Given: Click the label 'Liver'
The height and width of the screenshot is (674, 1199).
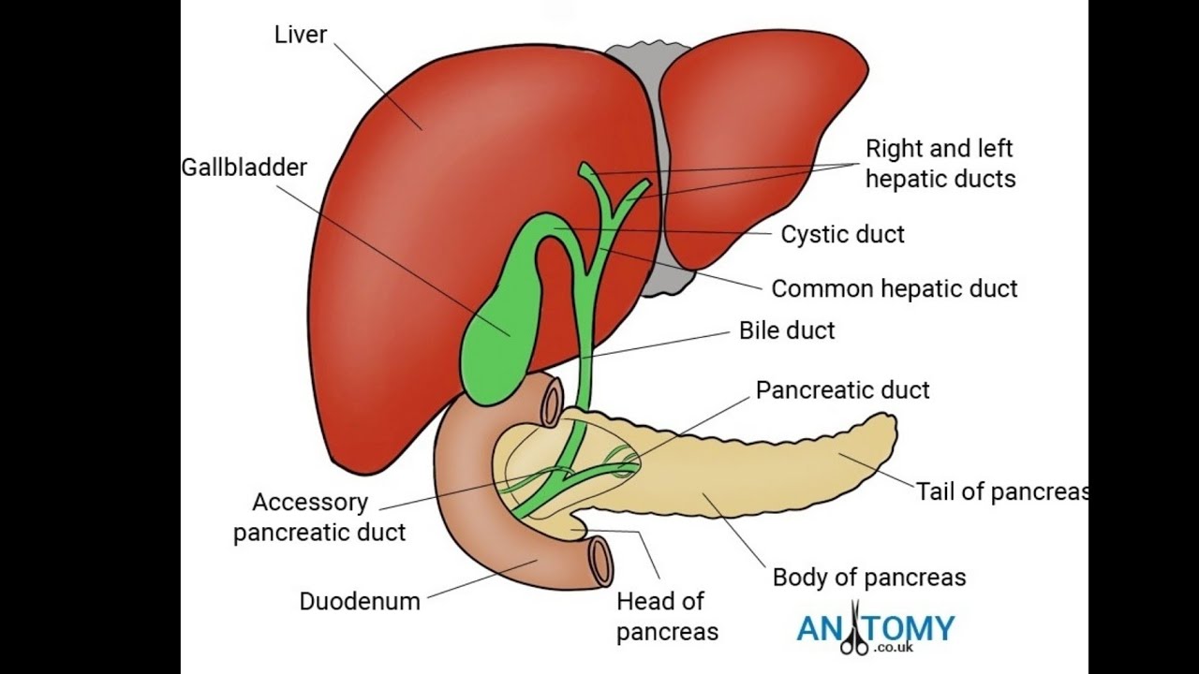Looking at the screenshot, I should point(300,36).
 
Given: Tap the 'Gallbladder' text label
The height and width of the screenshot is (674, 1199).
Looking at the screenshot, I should point(244,168).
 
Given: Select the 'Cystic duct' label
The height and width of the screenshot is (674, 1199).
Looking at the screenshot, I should point(843,234).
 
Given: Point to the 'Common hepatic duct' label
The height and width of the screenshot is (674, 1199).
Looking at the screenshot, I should point(894,288).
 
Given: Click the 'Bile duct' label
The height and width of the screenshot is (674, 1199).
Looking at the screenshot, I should point(787,330).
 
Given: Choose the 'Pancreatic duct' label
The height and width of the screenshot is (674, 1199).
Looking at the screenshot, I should point(842,390).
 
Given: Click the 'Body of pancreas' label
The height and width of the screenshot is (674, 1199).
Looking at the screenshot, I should point(868,577).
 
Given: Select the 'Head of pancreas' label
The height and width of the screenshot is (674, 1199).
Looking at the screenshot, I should point(667,616).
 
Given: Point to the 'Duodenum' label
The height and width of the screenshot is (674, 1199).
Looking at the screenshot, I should point(359,601).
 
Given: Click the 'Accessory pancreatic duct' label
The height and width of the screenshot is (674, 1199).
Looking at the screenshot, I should point(318,518).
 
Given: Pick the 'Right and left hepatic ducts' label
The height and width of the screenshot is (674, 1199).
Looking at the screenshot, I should point(940,163).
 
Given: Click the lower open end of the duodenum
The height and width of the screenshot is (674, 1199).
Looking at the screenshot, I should point(599,561).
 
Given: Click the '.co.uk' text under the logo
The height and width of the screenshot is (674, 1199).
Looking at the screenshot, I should point(890,646).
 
